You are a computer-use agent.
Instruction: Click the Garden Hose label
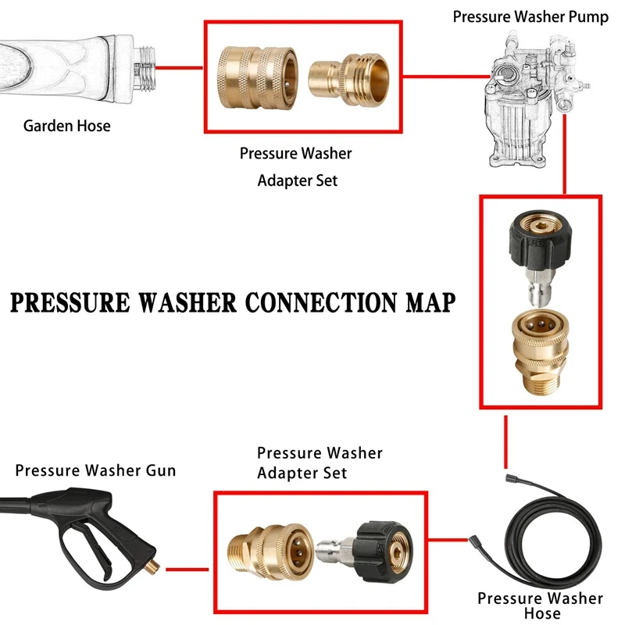pyautogui.click(x=66, y=125)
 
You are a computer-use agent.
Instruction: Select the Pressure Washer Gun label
pyautogui.click(x=95, y=470)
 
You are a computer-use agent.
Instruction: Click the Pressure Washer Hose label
pyautogui.click(x=541, y=605)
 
